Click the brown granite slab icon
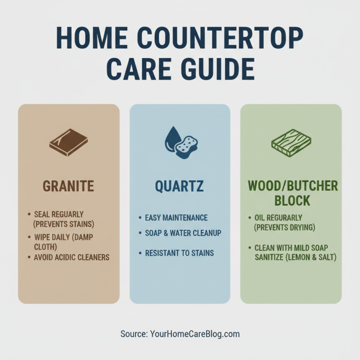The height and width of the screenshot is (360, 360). pyautogui.click(x=68, y=142)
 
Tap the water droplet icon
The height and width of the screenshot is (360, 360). pyautogui.click(x=171, y=138)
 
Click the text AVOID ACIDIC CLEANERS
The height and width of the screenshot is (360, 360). pyautogui.click(x=72, y=257)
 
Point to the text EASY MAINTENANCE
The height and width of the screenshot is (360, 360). pyautogui.click(x=176, y=218)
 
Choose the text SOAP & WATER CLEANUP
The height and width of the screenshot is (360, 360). pyautogui.click(x=183, y=234)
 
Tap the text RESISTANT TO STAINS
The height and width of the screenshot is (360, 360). pyautogui.click(x=179, y=253)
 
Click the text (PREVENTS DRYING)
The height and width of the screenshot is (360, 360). pyautogui.click(x=285, y=227)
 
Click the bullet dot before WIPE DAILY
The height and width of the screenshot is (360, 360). pyautogui.click(x=29, y=236)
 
